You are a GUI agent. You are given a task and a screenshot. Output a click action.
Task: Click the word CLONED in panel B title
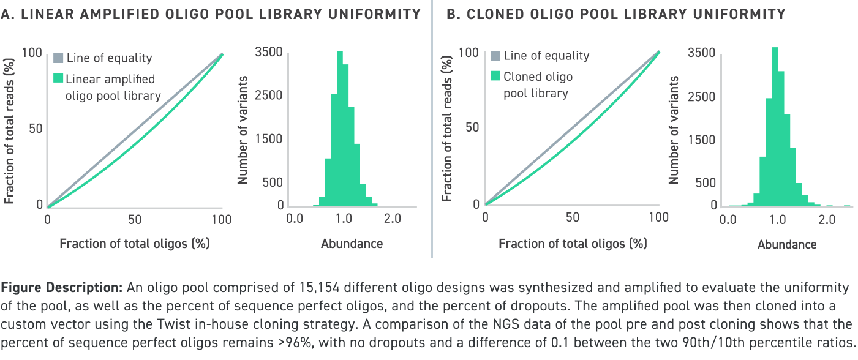tap(496, 14)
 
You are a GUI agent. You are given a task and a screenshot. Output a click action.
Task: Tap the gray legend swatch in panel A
tap(58, 59)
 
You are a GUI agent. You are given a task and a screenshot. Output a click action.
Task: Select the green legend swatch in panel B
tap(495, 77)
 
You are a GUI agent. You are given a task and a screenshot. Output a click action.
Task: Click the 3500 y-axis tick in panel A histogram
tap(269, 53)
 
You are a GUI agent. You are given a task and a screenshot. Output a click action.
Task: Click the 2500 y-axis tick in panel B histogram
tap(702, 97)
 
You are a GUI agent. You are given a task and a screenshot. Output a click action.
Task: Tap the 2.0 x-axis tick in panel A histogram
tap(392, 219)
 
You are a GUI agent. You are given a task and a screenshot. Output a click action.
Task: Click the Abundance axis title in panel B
tap(787, 244)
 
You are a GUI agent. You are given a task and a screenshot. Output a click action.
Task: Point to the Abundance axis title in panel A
tap(352, 244)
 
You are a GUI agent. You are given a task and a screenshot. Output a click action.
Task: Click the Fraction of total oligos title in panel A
tap(135, 243)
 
